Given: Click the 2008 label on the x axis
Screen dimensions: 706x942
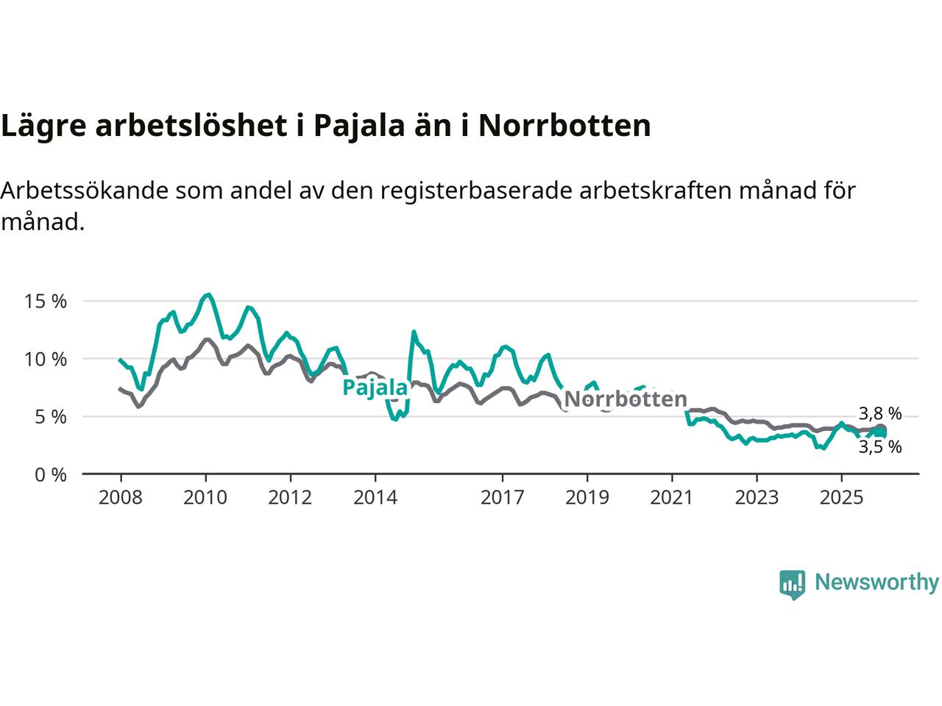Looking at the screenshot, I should (120, 498).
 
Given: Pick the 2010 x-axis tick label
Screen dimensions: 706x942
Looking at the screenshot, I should (205, 498).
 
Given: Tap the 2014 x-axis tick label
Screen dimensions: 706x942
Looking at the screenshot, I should (375, 498).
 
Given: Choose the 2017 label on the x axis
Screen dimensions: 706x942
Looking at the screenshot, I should (502, 498).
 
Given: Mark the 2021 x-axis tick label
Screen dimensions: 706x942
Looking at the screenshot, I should (671, 498).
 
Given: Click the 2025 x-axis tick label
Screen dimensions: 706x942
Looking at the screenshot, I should (841, 498).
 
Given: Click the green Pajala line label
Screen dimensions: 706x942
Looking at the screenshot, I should (375, 388).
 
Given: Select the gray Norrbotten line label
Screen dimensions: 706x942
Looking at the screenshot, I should (625, 399).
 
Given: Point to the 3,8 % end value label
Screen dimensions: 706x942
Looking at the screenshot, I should (879, 413).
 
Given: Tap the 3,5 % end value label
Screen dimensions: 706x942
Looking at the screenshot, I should (879, 446).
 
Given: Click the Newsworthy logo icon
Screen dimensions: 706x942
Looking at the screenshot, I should (792, 584).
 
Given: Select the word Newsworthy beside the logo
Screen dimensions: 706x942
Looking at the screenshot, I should (877, 582).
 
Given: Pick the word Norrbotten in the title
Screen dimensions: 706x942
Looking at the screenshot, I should (564, 126).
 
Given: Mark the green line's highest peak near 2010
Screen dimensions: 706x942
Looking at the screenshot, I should (208, 295).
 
